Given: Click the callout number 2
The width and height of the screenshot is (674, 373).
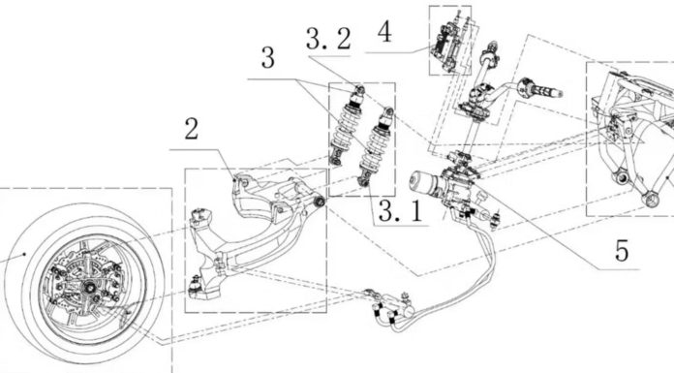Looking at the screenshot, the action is point(192,129).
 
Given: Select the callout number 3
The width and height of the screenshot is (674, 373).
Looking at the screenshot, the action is point(268,58).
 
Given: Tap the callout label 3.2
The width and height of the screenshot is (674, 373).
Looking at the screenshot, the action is point(329,39).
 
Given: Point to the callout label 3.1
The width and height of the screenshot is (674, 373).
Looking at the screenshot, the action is point(401,211).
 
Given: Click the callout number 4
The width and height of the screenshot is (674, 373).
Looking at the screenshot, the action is point(384,32).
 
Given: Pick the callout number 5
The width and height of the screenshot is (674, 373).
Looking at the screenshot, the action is point(622,250).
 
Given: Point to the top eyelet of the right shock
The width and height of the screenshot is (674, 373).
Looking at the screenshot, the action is point(387,111).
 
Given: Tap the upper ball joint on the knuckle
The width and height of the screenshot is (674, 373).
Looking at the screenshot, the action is point(200,215).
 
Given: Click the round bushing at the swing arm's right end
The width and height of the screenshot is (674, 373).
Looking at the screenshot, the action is point(320,202).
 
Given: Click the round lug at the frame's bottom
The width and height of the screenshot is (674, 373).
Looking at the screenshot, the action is point(651,200).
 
